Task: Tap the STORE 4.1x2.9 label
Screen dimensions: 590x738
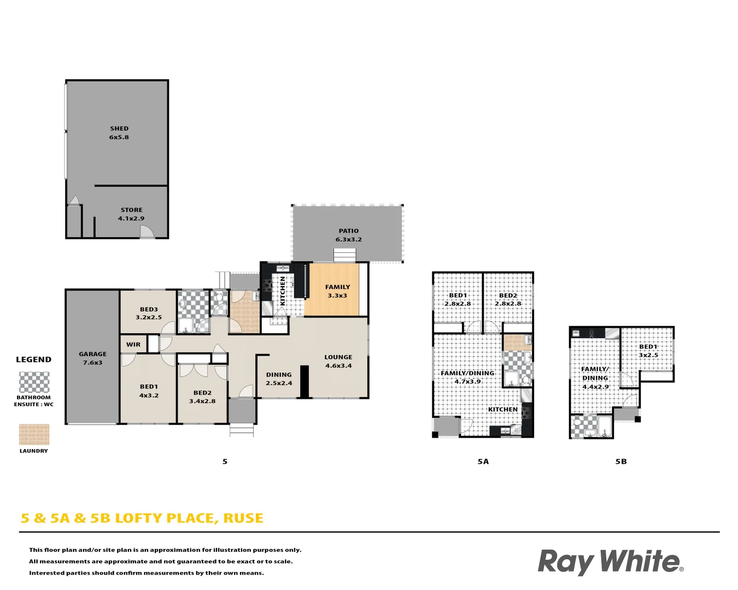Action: (131, 214)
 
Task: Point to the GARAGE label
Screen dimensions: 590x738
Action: (92, 358)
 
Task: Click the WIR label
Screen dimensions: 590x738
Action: (133, 345)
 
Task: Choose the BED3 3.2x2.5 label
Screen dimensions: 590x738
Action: (149, 313)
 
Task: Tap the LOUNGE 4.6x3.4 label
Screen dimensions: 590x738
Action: (338, 361)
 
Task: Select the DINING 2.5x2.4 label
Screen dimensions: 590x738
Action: (279, 379)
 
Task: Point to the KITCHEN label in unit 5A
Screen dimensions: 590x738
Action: (502, 409)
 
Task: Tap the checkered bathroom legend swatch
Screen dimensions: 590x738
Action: (34, 382)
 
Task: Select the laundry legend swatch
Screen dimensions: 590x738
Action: (34, 435)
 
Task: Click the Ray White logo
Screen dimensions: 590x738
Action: (610, 562)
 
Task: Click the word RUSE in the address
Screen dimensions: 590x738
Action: (243, 518)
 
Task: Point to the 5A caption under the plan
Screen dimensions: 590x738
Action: (483, 462)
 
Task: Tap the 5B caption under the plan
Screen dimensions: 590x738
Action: (621, 462)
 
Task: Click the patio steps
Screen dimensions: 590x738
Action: (345, 255)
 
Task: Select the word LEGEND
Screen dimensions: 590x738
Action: (34, 359)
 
